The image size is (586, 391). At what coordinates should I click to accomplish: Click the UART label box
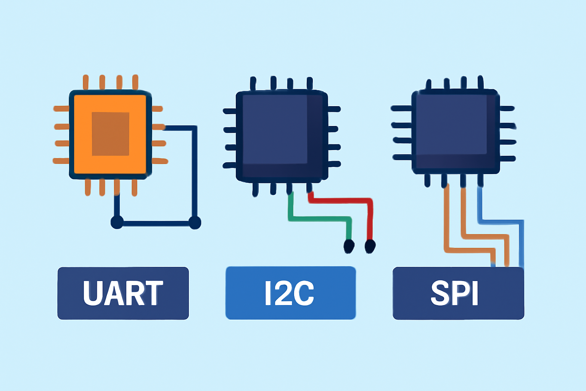click(123, 293)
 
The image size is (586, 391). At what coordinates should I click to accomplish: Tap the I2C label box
click(291, 293)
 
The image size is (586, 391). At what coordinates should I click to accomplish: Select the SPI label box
click(458, 293)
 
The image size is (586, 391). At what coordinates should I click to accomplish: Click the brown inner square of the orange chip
click(110, 134)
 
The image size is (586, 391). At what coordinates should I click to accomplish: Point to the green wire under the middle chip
click(319, 219)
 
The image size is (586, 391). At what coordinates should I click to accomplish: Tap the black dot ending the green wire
click(349, 246)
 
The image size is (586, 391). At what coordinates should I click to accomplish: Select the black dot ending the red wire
click(370, 246)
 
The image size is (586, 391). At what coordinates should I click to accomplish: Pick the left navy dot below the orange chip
click(117, 223)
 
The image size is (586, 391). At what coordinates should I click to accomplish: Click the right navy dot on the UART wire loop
click(195, 223)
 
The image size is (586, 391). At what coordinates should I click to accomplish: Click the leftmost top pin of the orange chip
click(85, 82)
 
